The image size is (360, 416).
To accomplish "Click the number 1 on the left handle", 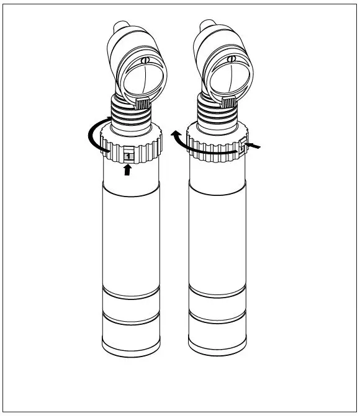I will click(x=128, y=156).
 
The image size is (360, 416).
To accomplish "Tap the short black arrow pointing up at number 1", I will click(x=128, y=171).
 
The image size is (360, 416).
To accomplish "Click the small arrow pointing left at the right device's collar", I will click(x=254, y=146).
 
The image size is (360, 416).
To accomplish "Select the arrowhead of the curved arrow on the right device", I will click(x=176, y=134).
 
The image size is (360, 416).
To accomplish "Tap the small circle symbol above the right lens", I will click(x=232, y=60).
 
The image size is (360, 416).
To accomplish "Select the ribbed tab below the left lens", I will click(x=142, y=105).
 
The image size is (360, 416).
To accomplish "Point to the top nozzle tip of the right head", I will click(x=207, y=27).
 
